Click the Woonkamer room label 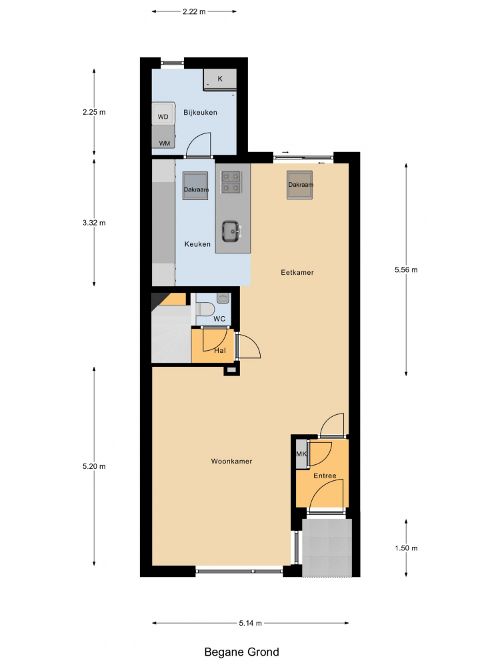click(231, 461)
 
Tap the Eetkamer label click(297, 272)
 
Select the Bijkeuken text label click(200, 112)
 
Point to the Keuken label click(197, 244)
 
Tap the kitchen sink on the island click(231, 231)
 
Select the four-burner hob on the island click(231, 181)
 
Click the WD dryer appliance click(163, 113)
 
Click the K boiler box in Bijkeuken click(220, 79)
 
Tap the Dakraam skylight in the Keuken click(195, 186)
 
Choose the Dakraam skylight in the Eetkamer click(300, 185)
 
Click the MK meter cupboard click(301, 454)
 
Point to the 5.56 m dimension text click(406, 269)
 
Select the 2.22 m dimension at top click(194, 11)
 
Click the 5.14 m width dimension click(250, 623)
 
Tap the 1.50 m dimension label click(406, 548)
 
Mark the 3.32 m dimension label click(94, 223)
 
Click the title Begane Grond click(241, 652)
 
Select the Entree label click(325, 476)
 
